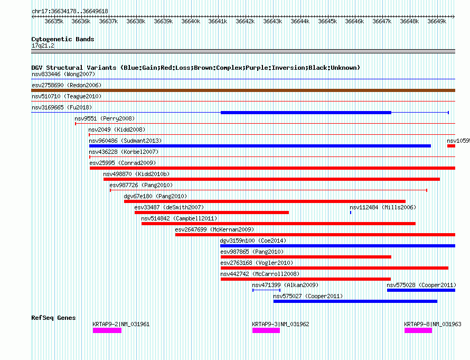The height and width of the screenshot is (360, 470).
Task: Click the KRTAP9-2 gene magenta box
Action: point(107,330)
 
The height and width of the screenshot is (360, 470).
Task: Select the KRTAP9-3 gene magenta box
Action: point(266,330)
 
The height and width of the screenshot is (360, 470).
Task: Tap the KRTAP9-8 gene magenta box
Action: point(418,330)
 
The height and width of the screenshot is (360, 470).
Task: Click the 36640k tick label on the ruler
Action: point(190,22)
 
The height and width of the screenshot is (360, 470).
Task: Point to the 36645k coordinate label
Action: point(327,22)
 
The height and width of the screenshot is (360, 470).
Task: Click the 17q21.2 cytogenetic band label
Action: point(43,45)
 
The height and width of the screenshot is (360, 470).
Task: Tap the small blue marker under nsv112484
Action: point(351,213)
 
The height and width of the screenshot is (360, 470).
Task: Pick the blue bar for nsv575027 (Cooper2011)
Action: point(355,301)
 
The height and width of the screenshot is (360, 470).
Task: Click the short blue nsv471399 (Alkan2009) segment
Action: point(266,290)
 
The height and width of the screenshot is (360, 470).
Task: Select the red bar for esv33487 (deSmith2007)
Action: point(211,213)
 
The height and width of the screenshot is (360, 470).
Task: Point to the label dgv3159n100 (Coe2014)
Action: point(253,241)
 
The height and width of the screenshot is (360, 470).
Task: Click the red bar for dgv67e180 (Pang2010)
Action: point(265,201)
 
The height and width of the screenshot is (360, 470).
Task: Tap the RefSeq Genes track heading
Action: point(53,318)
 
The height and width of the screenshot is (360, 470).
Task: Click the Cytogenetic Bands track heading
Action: point(63,39)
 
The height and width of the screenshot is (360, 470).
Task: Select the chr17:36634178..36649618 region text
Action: point(70,11)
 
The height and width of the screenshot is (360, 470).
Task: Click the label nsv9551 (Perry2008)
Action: point(105,118)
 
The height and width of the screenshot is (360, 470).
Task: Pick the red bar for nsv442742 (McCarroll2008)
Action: point(305,279)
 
